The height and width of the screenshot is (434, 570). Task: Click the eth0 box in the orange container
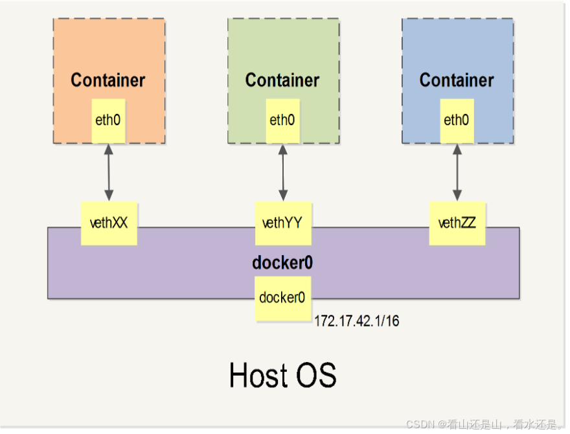coord(108,120)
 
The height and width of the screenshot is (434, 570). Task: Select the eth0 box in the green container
coord(282,120)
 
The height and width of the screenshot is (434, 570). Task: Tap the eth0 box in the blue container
coord(457,120)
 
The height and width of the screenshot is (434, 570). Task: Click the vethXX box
coord(108,223)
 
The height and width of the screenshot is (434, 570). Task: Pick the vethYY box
coord(282,223)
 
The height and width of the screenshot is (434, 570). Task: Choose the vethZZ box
coord(457,223)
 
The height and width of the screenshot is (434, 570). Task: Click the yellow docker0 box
coord(282,298)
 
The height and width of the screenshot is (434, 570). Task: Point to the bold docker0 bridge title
coord(282,263)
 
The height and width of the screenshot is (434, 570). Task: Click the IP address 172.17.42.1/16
coord(356,321)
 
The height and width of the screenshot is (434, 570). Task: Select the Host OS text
coord(282,375)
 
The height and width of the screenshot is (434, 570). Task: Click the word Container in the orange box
coord(108,80)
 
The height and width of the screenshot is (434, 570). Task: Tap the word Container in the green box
coord(282,80)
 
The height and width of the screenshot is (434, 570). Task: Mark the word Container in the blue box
coord(457,80)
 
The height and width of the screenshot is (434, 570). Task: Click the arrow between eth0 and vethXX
coord(109,172)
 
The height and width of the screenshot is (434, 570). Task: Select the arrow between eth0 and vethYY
coord(283,172)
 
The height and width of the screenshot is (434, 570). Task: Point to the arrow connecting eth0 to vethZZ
coord(457,172)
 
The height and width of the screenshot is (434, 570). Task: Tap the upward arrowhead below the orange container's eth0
coord(109,148)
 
